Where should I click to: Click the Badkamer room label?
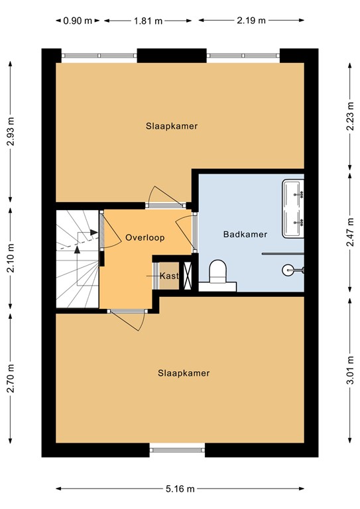(x=245, y=234)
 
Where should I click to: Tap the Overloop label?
(x=145, y=237)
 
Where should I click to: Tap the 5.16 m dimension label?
(x=181, y=490)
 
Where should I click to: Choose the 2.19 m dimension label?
(x=253, y=20)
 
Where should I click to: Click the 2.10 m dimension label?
(x=10, y=257)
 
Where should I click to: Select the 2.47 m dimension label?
(x=349, y=233)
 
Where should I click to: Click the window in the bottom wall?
(x=177, y=451)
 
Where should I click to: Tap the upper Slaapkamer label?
(x=172, y=125)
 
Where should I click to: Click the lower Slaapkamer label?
(x=184, y=373)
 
